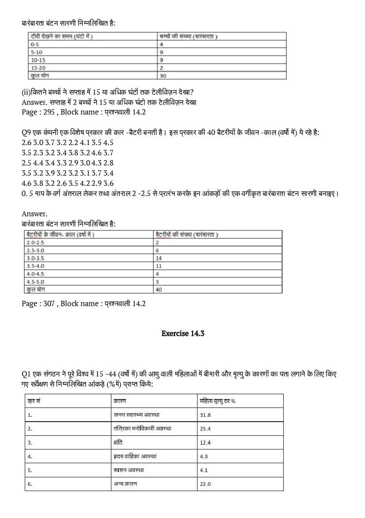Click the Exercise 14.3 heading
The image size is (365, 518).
[182, 334]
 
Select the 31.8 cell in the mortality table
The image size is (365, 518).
[205, 415]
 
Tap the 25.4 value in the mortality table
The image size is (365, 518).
[205, 429]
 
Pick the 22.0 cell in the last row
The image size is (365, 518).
[205, 484]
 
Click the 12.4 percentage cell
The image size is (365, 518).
[205, 442]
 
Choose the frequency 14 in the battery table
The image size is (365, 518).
[159, 258]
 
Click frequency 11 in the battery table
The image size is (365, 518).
[159, 266]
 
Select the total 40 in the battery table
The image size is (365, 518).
[159, 290]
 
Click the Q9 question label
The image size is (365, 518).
[27, 132]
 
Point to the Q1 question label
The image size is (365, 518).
[27, 374]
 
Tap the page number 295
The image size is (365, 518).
[49, 112]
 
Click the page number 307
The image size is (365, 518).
[49, 303]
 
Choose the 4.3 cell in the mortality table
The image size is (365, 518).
[204, 456]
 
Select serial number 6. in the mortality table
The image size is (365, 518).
[30, 484]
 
